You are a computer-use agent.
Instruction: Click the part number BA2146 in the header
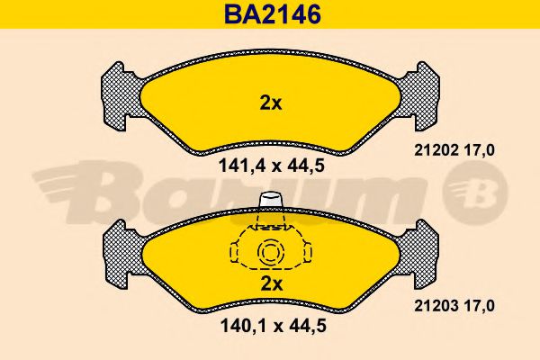pyautogui.click(x=272, y=14)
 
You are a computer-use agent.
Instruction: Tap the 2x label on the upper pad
pyautogui.click(x=271, y=103)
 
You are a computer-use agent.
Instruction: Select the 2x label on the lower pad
pyautogui.click(x=272, y=284)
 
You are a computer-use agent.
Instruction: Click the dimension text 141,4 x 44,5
pyautogui.click(x=272, y=166)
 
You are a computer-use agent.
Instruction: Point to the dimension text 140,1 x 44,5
pyautogui.click(x=273, y=326)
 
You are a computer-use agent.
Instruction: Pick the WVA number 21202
pyautogui.click(x=436, y=150)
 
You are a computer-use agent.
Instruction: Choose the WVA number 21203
pyautogui.click(x=436, y=306)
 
